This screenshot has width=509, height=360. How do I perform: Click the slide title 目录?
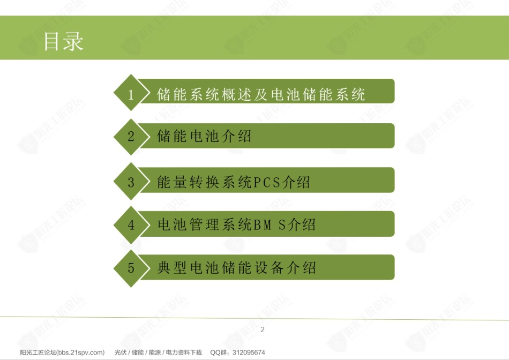(x=64, y=41)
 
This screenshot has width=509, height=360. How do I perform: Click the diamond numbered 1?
(x=131, y=93)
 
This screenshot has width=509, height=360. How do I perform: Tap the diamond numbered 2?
(x=131, y=137)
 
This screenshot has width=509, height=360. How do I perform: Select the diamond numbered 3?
(x=131, y=182)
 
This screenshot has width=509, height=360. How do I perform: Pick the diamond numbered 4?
(x=131, y=224)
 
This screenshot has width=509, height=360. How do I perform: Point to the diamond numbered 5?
(x=131, y=268)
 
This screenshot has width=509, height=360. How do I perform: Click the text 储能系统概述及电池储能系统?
(x=261, y=94)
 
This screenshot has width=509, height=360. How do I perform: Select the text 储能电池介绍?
(x=204, y=136)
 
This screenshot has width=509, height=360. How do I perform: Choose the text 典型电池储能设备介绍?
(x=237, y=268)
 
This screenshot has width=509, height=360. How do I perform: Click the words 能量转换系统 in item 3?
(x=204, y=182)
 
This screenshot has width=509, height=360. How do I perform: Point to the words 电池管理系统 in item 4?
(x=205, y=224)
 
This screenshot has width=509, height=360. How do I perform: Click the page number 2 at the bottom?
(x=263, y=330)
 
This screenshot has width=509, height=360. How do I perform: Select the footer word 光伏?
(x=121, y=352)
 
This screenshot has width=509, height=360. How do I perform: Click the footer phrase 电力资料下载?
(x=184, y=352)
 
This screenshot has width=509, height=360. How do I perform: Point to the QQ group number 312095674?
(x=249, y=352)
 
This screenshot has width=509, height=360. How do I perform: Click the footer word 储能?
(x=138, y=352)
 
